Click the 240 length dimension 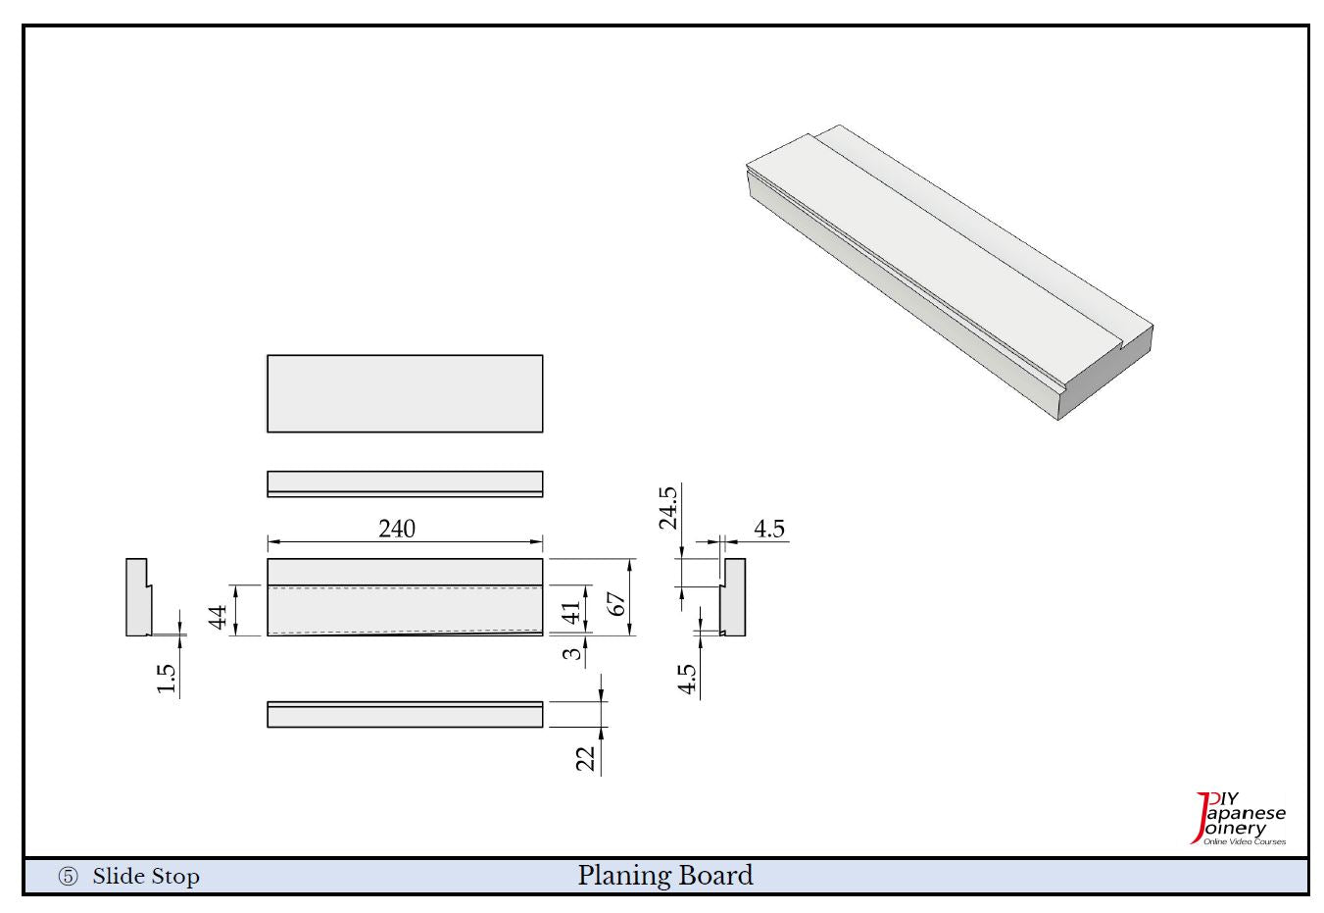[x=397, y=529]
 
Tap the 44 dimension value [x=218, y=616]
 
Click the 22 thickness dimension [x=585, y=758]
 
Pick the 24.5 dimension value [x=668, y=507]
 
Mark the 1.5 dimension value [x=166, y=680]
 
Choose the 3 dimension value [x=571, y=652]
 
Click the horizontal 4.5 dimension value [x=769, y=529]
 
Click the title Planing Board [x=665, y=875]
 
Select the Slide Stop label [x=146, y=877]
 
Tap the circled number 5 [x=68, y=878]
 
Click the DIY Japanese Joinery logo [x=1239, y=819]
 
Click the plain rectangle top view [x=405, y=393]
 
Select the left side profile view [x=137, y=597]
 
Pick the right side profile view [x=733, y=597]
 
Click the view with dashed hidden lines [x=405, y=597]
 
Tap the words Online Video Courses [x=1245, y=842]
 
